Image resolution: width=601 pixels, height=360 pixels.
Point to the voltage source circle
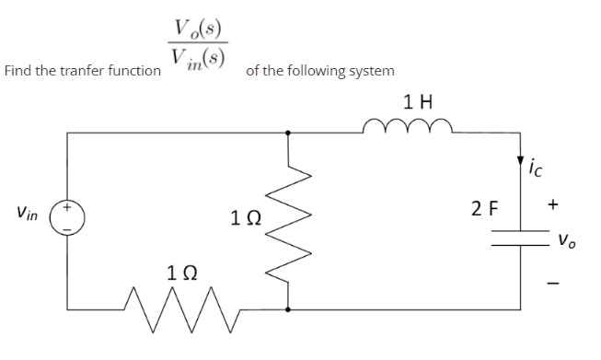tap(69, 220)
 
